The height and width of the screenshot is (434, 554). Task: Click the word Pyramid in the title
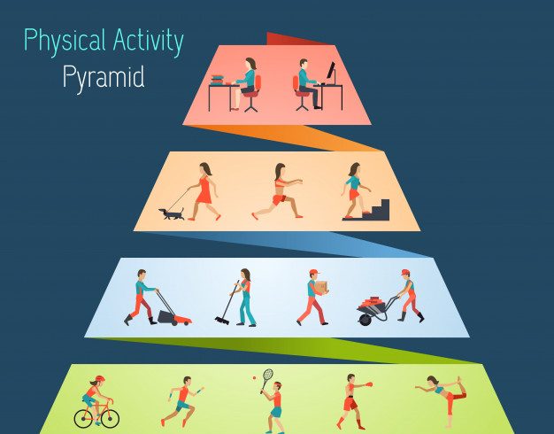(104, 78)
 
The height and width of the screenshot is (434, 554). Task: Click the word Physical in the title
(65, 41)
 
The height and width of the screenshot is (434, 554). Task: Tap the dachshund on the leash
(172, 214)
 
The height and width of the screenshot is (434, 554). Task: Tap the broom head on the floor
(222, 321)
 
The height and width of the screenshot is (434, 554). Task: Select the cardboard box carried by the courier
(321, 287)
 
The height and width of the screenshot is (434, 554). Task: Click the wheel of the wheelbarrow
(365, 320)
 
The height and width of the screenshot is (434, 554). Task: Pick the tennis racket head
(268, 376)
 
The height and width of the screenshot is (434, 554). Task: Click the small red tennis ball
(254, 378)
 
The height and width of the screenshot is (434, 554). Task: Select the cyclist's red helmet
(100, 379)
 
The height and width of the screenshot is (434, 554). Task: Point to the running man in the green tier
(182, 401)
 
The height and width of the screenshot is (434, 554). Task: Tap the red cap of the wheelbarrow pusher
(405, 272)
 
